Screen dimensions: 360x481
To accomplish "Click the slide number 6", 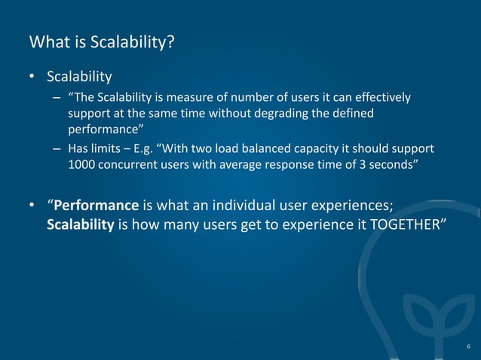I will pos(468,346).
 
